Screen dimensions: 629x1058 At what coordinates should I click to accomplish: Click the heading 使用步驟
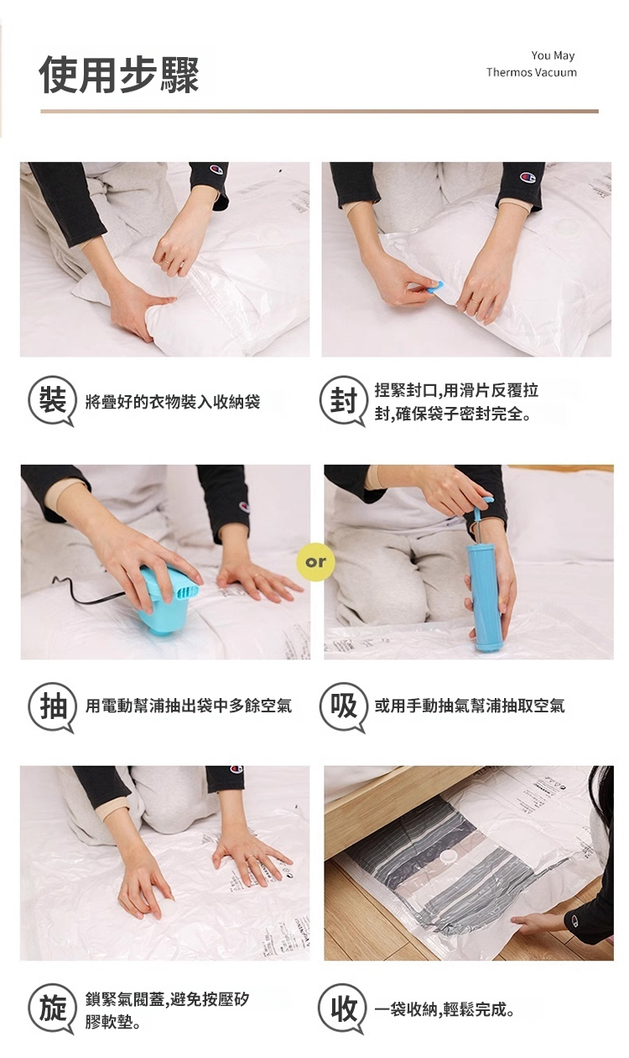pyautogui.click(x=119, y=75)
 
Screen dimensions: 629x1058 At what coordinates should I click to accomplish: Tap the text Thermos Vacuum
pyautogui.click(x=531, y=72)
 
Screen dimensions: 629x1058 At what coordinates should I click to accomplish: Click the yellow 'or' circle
pyautogui.click(x=315, y=561)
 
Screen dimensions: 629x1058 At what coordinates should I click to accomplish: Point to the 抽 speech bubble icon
pyautogui.click(x=52, y=707)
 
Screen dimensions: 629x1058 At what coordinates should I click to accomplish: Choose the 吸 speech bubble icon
pyautogui.click(x=343, y=707)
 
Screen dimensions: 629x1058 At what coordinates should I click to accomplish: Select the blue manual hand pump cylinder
pyautogui.click(x=484, y=597)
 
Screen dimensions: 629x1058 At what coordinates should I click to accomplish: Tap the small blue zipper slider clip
pyautogui.click(x=435, y=289)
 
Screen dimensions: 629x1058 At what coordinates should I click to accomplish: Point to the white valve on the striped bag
pyautogui.click(x=447, y=855)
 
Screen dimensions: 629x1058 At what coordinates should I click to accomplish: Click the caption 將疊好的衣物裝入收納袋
pyautogui.click(x=173, y=403)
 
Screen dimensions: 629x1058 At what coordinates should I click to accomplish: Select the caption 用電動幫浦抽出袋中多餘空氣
pyautogui.click(x=189, y=706)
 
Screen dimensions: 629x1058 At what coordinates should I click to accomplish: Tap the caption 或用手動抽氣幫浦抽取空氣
pyautogui.click(x=470, y=706)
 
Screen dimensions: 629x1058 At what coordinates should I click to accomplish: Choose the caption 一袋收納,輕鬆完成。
pyautogui.click(x=444, y=1010)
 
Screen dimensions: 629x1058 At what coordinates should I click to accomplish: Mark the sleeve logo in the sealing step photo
pyautogui.click(x=528, y=178)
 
